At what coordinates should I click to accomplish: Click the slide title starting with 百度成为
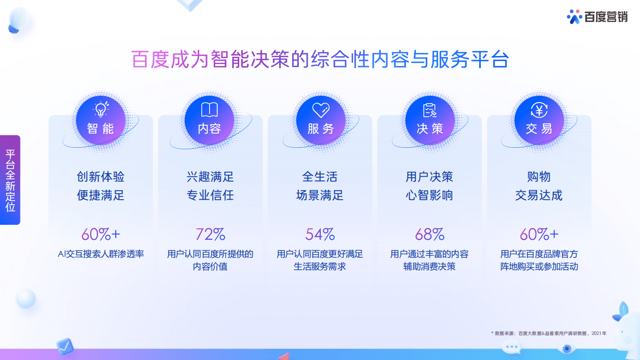(320, 59)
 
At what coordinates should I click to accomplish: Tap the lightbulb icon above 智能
(101, 109)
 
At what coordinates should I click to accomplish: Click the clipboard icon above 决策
(430, 110)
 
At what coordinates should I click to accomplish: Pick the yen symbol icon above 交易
(539, 110)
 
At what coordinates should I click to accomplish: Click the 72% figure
(210, 234)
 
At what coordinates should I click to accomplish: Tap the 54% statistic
(320, 234)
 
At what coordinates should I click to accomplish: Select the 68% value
(429, 234)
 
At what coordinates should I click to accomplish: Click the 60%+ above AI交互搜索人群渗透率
(101, 234)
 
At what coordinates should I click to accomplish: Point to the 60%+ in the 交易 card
(539, 234)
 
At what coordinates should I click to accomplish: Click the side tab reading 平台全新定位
(11, 180)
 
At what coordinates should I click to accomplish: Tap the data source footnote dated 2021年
(548, 333)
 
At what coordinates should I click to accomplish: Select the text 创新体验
(101, 177)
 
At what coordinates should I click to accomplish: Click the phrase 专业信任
(210, 195)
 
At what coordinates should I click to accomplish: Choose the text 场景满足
(320, 195)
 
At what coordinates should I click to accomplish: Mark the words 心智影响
(429, 195)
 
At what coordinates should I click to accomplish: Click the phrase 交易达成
(539, 195)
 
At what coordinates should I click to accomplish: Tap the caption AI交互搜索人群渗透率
(101, 254)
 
